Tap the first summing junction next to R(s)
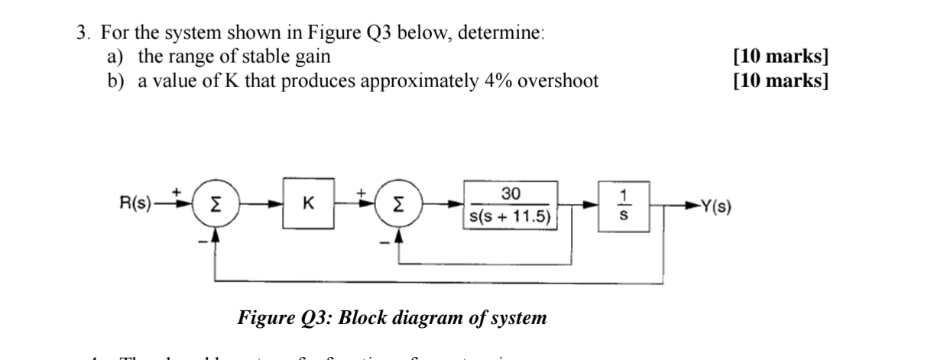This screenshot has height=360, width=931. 216,205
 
